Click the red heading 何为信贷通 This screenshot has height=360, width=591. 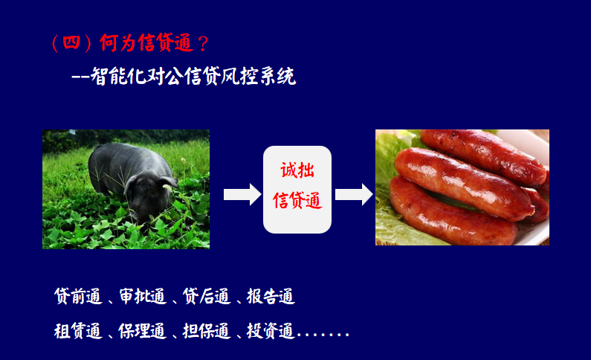(x=146, y=42)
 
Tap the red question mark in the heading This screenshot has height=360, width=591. (x=203, y=43)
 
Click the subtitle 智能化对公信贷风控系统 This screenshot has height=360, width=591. (x=193, y=76)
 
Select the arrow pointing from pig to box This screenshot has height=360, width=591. (x=242, y=195)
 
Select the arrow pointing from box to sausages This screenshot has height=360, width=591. (x=354, y=195)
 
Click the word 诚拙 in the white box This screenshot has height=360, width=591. (x=297, y=170)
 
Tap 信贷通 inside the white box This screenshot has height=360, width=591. (x=297, y=200)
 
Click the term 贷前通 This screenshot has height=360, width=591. (x=78, y=296)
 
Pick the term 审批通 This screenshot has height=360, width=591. (x=143, y=296)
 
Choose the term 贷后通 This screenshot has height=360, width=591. (x=207, y=296)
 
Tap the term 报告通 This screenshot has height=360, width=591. (x=271, y=296)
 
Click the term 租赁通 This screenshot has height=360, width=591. (x=78, y=330)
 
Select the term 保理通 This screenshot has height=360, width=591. (x=143, y=330)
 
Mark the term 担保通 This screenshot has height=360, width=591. (x=207, y=330)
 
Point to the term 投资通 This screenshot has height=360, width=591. (x=271, y=330)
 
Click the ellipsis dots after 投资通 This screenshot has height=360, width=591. (x=323, y=334)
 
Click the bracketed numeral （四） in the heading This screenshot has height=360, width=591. (x=71, y=42)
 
